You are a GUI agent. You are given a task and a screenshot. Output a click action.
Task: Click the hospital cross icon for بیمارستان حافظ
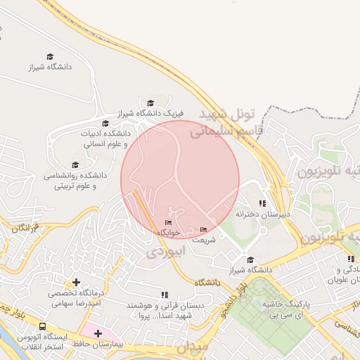click(x=98, y=333)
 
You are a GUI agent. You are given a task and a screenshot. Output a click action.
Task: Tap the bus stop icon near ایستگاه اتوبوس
click(x=43, y=327)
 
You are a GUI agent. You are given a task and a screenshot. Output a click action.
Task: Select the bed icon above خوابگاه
click(x=167, y=223)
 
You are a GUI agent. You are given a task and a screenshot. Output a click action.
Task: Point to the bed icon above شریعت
click(x=204, y=230)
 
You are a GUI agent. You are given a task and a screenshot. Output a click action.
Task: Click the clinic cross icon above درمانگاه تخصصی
click(x=76, y=283)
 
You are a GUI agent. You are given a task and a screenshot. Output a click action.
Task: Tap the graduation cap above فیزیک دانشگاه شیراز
click(x=150, y=103)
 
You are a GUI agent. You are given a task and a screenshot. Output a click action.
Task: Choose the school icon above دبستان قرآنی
click(x=165, y=295)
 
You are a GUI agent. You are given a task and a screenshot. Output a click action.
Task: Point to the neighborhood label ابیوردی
click(x=165, y=251)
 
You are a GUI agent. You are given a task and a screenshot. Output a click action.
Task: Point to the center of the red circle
click(x=180, y=179)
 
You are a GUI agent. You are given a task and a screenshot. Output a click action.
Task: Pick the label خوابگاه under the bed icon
click(x=169, y=232)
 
